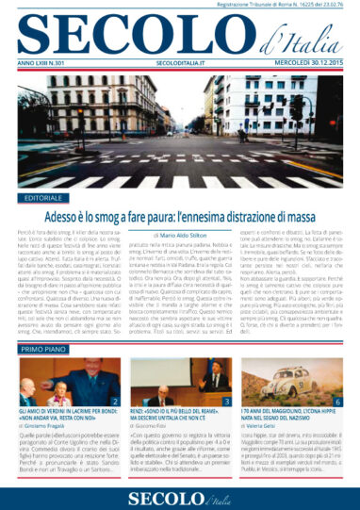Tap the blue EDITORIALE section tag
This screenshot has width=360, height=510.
(42, 200)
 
